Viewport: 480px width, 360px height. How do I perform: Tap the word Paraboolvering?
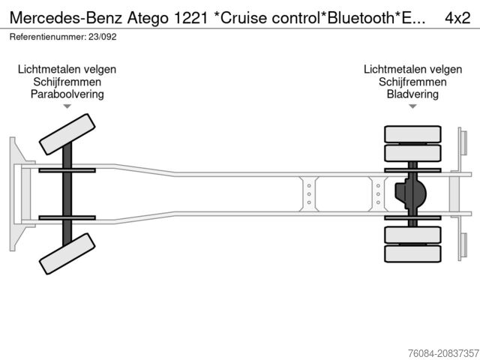click(x=67, y=94)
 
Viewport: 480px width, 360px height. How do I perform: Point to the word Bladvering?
click(x=412, y=94)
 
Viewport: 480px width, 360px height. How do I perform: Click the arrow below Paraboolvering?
click(x=67, y=107)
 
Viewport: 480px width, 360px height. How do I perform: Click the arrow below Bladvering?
click(x=412, y=107)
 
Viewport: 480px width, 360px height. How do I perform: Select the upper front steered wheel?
click(x=67, y=133)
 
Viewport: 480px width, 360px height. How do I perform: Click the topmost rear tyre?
click(x=412, y=135)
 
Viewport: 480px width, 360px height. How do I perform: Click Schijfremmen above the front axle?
click(x=67, y=82)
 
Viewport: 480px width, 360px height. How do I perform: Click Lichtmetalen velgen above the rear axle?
click(x=412, y=69)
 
